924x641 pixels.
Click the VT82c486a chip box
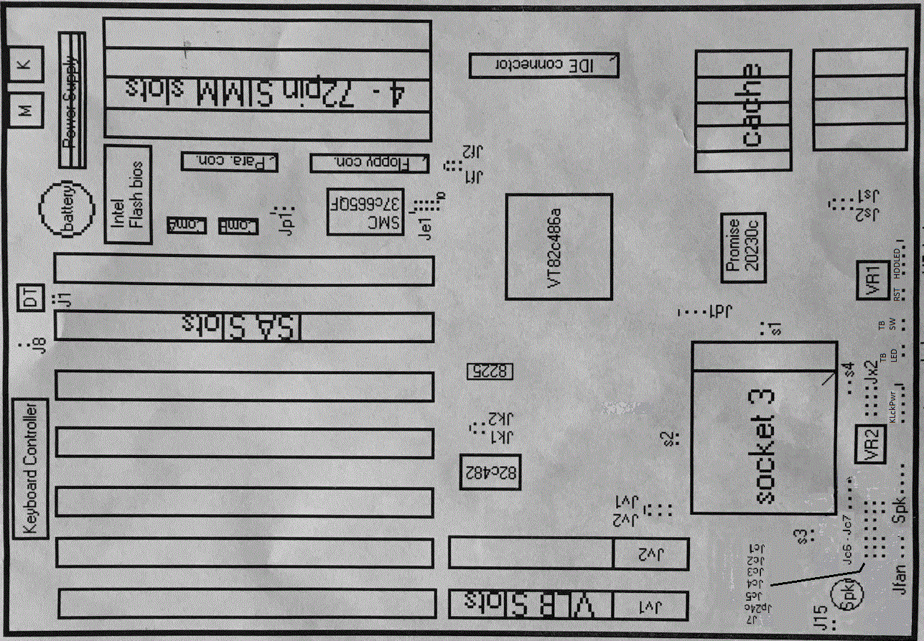(559, 246)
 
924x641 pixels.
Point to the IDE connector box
(543, 65)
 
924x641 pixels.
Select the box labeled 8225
(491, 371)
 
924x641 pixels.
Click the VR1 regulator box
(872, 279)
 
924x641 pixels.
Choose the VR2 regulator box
(871, 446)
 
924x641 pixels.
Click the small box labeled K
(24, 64)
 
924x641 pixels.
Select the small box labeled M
(24, 111)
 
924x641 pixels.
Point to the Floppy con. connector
(369, 164)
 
